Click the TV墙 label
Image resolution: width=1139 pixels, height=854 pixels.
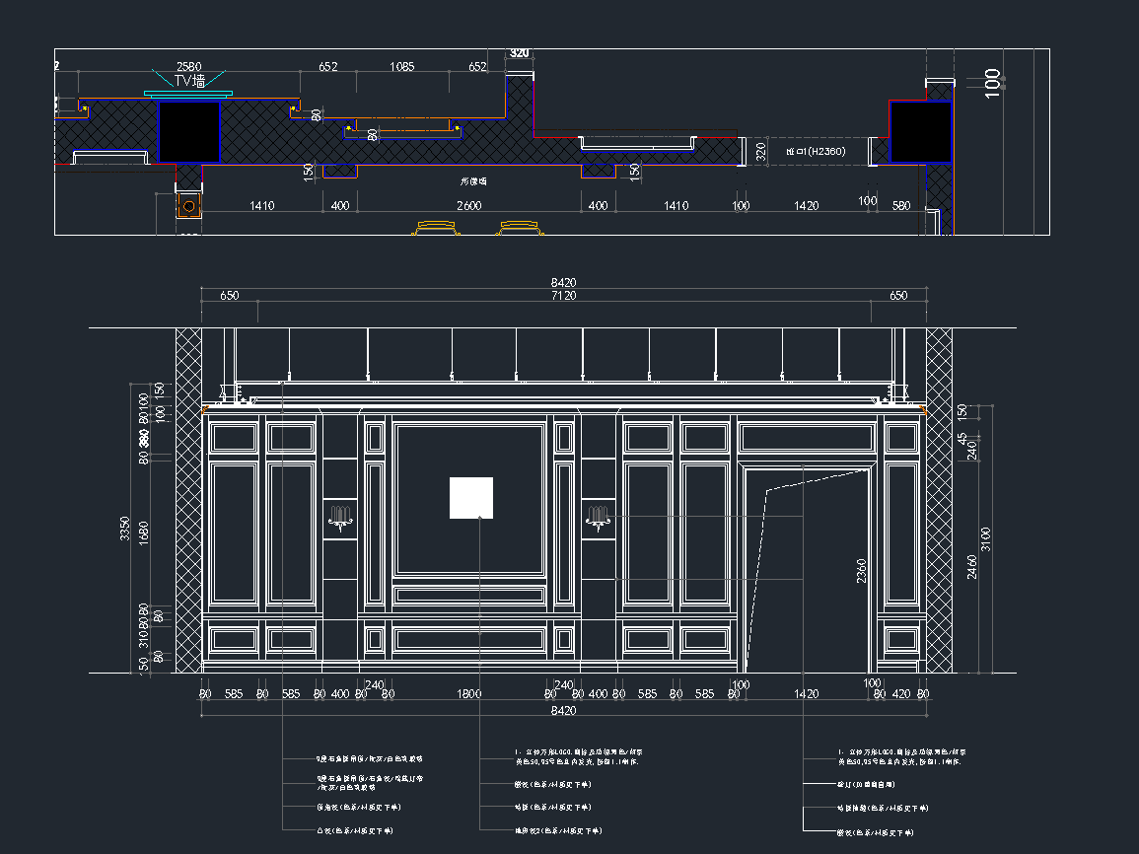[189, 81]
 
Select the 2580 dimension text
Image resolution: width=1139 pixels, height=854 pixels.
[188, 66]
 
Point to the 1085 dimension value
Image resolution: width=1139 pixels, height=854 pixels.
[401, 67]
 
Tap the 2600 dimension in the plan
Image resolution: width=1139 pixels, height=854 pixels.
[468, 205]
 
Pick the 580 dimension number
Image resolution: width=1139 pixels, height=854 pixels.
[901, 205]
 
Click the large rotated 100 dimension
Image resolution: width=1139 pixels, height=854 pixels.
[993, 81]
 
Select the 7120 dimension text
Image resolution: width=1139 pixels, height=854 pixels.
[563, 295]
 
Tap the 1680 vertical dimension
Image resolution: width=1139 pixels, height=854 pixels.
[144, 533]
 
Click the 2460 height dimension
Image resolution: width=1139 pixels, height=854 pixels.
[972, 566]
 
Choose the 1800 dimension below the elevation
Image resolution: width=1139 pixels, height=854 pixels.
[469, 694]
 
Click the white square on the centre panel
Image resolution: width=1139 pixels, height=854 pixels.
[471, 497]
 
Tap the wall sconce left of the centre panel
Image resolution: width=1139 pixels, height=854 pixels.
[340, 518]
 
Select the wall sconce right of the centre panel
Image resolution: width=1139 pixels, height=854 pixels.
[597, 518]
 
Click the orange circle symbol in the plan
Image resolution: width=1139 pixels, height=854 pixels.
[188, 206]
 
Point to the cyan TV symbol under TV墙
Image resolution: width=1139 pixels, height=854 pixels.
[188, 94]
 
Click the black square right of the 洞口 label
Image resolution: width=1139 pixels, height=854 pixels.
[920, 131]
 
